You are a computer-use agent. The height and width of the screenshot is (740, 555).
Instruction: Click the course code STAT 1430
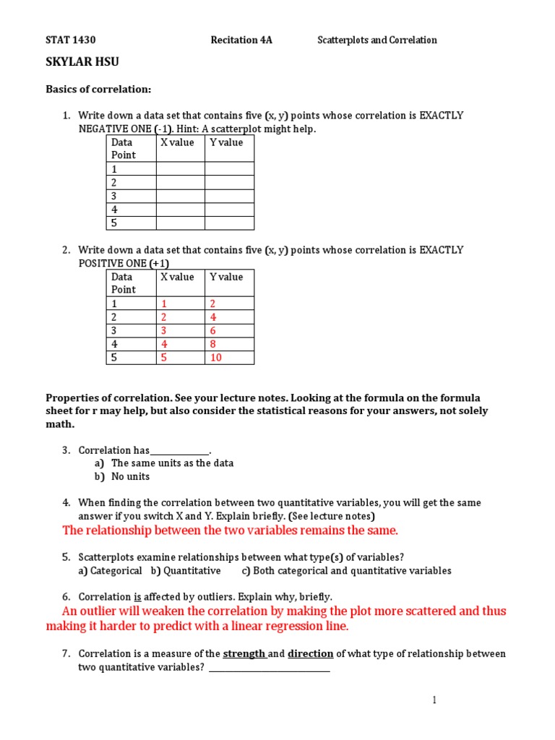pos(71,40)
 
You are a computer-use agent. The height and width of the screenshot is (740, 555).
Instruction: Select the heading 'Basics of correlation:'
pos(98,89)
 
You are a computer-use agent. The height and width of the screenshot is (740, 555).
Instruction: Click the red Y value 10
pos(215,358)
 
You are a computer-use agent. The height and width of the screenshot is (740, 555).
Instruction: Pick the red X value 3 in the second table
pos(163,331)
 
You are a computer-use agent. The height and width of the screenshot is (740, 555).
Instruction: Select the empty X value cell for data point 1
pos(180,169)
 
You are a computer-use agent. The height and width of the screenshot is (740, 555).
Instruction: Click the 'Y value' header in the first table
pos(226,143)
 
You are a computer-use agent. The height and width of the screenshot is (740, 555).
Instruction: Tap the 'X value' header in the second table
pos(177,277)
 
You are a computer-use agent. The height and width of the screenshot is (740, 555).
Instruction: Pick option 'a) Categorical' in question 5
pos(110,571)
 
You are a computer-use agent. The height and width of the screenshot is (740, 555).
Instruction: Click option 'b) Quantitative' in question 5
pos(186,571)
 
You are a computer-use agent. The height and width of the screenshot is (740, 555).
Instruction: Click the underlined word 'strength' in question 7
pos(244,654)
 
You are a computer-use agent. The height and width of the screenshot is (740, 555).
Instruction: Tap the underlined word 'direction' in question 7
pos(311,654)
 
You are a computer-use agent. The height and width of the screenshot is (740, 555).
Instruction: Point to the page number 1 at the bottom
pos(434,700)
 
